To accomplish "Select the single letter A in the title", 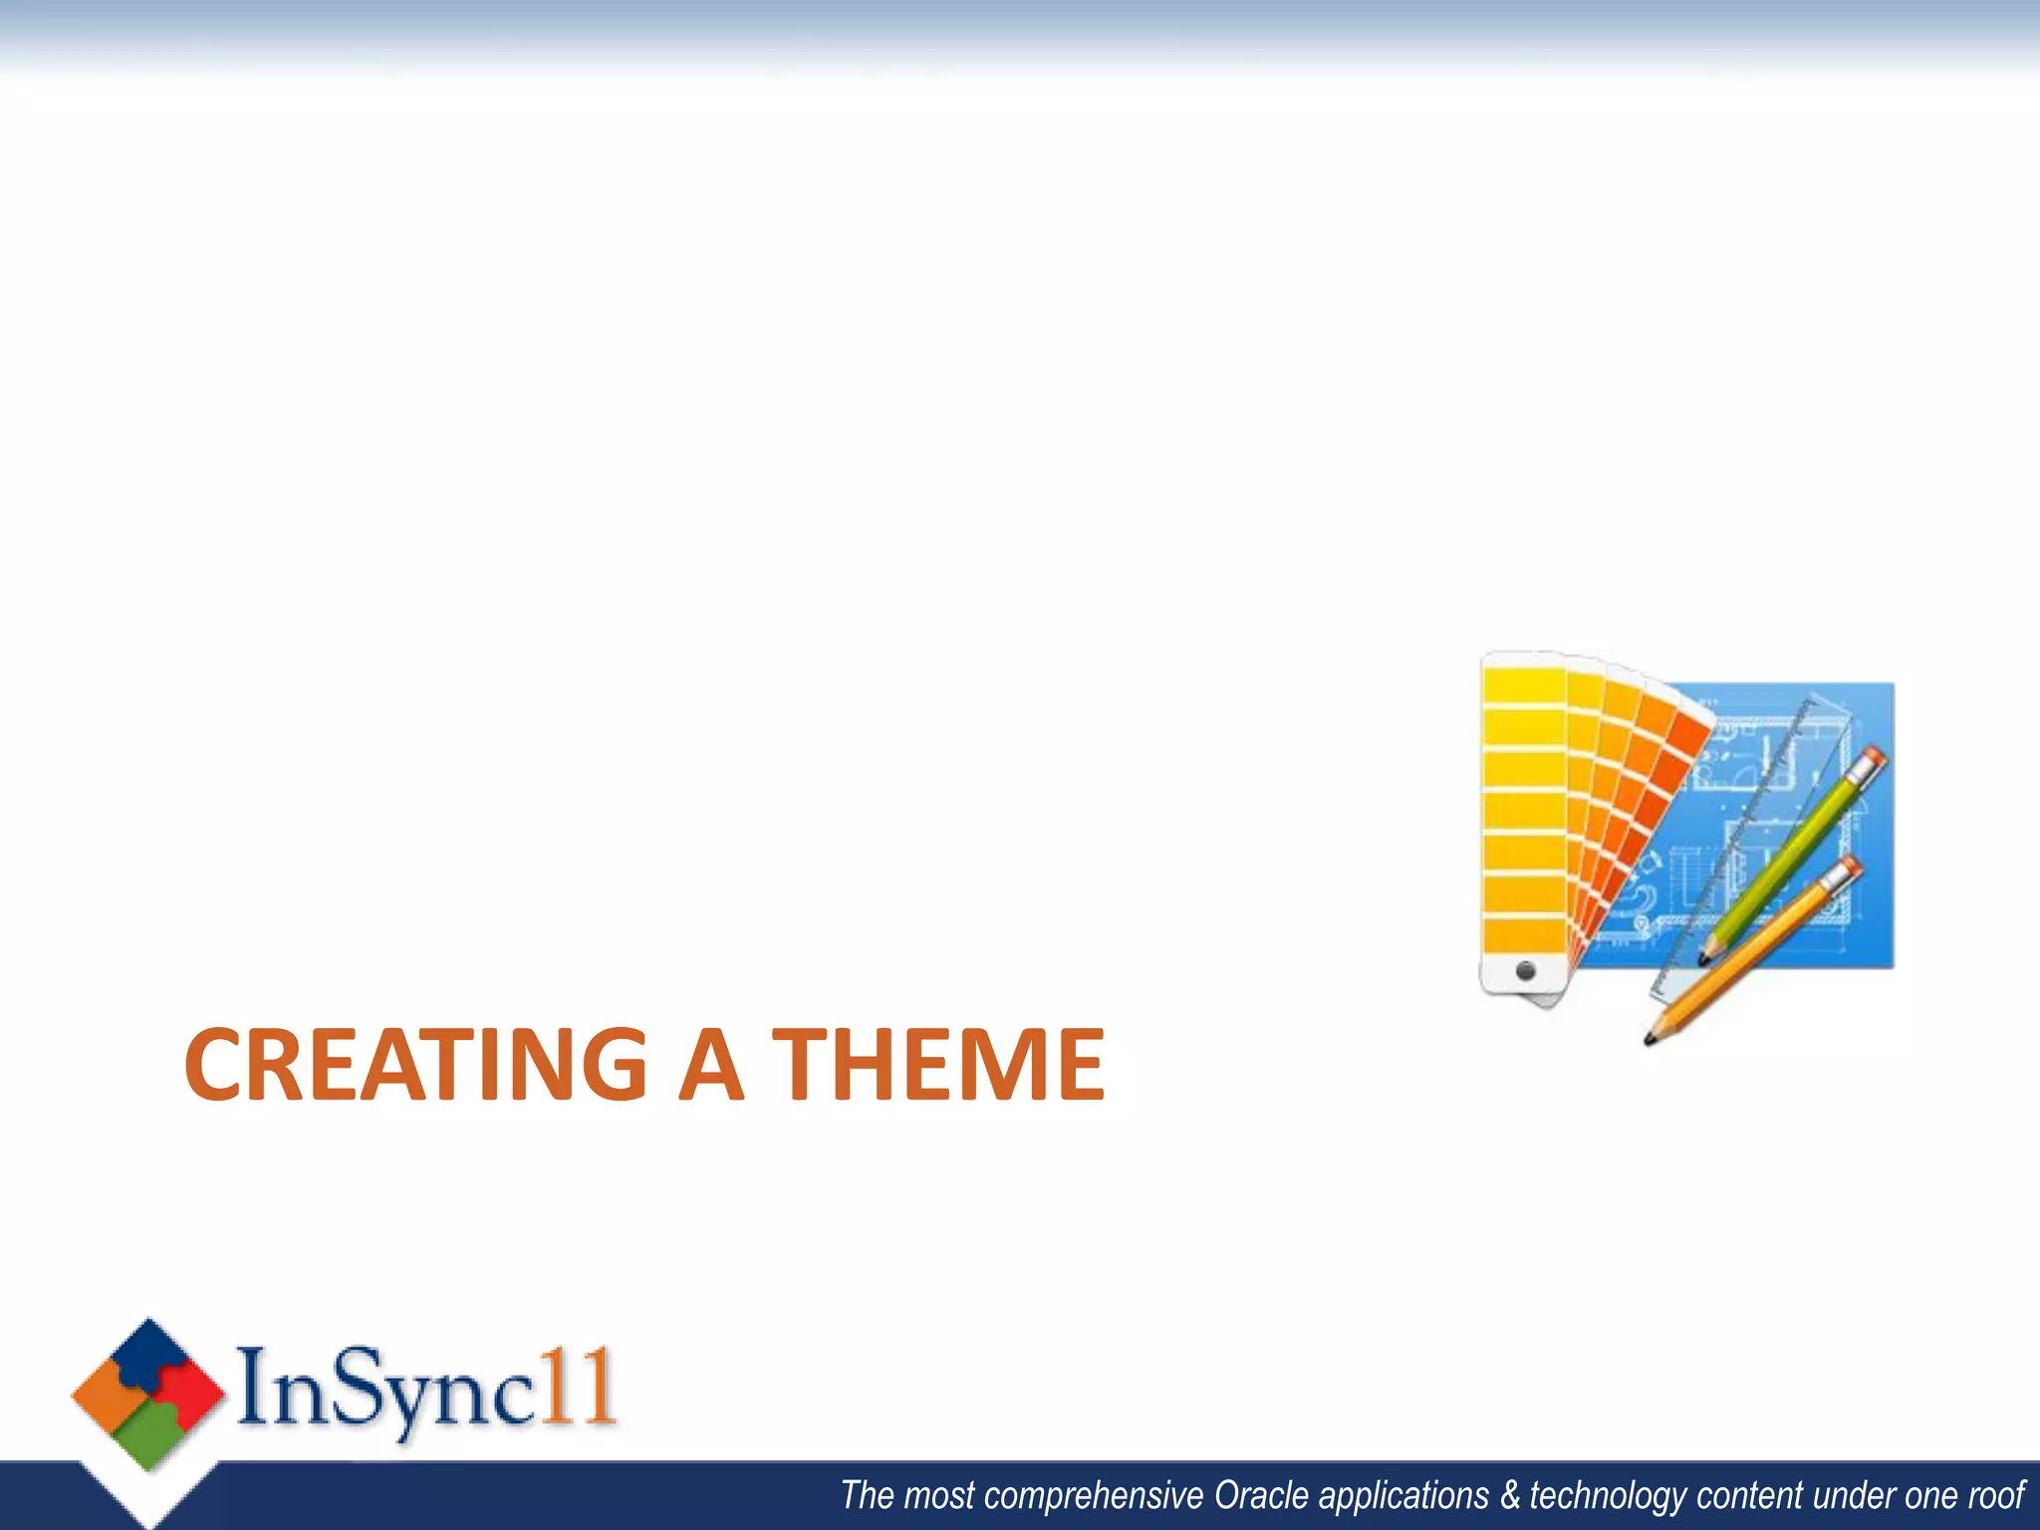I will click(x=710, y=1065).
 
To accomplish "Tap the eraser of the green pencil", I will click(x=1872, y=760).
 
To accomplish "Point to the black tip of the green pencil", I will click(x=1702, y=960).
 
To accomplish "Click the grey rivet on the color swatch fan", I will click(x=1525, y=969).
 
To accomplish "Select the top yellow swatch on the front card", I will click(x=1523, y=686).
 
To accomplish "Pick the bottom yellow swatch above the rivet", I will click(x=1523, y=934).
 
